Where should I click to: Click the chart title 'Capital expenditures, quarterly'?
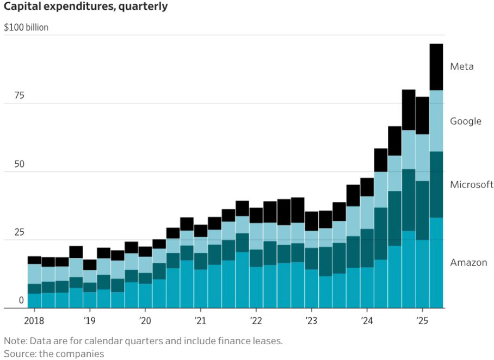pyautogui.click(x=85, y=7)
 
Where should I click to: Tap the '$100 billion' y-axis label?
pyautogui.click(x=26, y=27)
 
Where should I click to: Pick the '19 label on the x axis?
pyautogui.click(x=89, y=320)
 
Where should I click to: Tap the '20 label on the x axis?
pyautogui.click(x=145, y=320)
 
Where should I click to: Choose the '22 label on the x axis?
pyautogui.click(x=256, y=320)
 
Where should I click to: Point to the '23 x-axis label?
pyautogui.click(x=311, y=320)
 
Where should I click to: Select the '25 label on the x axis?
pyautogui.click(x=422, y=320)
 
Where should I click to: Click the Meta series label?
pyautogui.click(x=462, y=67)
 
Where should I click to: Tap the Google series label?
pyautogui.click(x=466, y=121)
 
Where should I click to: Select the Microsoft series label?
pyautogui.click(x=471, y=185)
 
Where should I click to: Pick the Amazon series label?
pyautogui.click(x=468, y=263)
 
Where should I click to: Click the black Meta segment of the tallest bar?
pyautogui.click(x=436, y=66)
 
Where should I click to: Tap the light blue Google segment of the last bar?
pyautogui.click(x=436, y=121)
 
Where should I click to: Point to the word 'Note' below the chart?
pyautogui.click(x=14, y=341)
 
